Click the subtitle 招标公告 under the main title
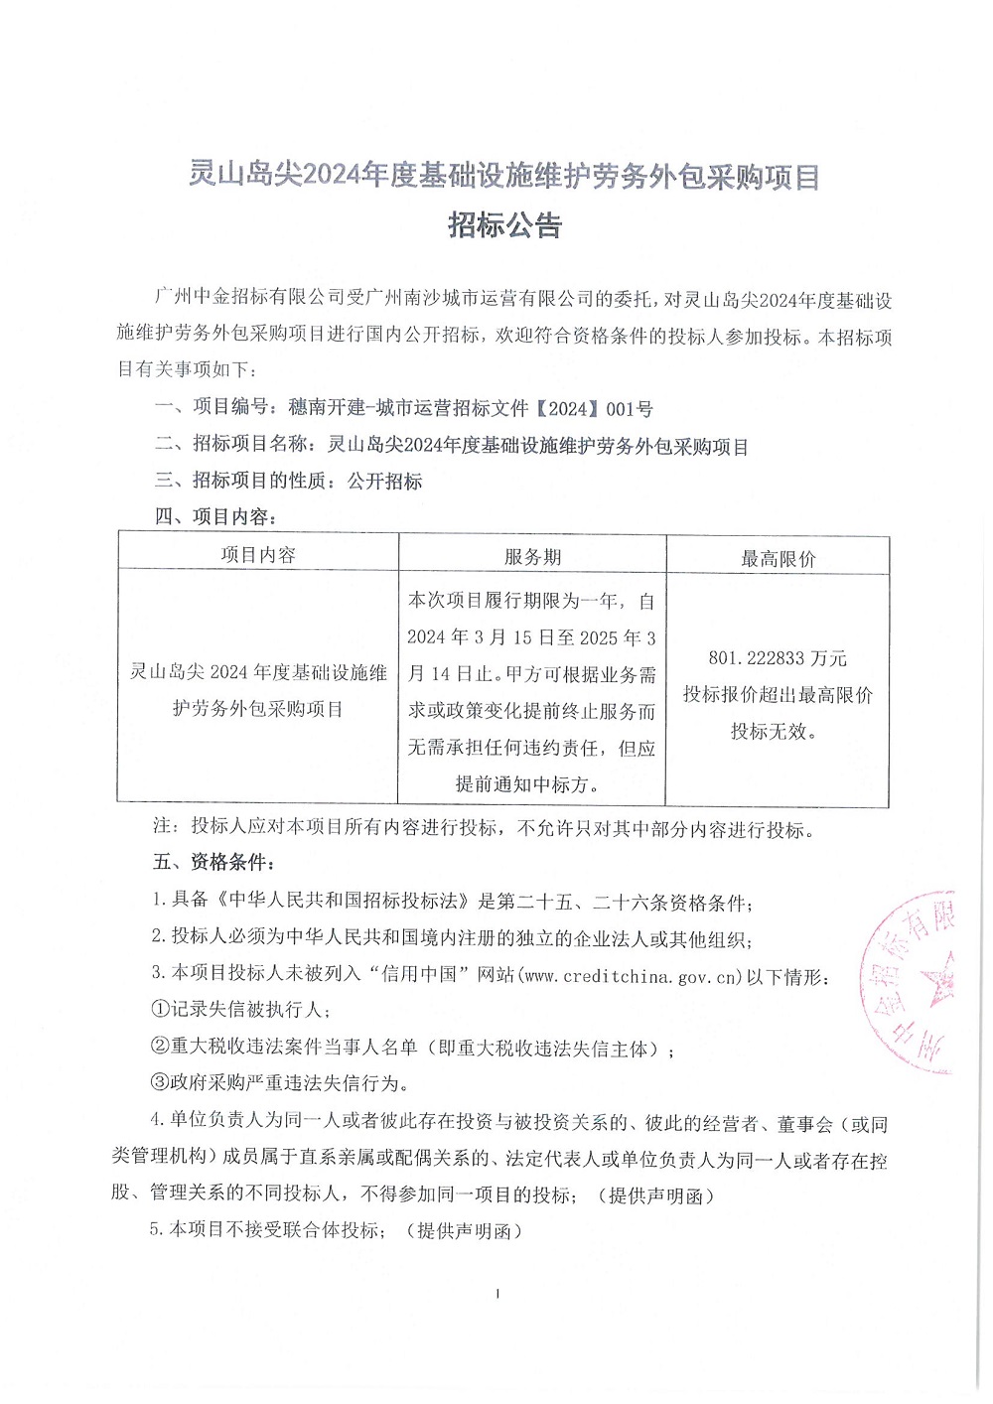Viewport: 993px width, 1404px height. [504, 225]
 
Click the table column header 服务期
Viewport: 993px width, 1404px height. [532, 557]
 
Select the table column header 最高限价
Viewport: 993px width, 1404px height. [778, 559]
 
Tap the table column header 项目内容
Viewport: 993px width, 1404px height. [258, 555]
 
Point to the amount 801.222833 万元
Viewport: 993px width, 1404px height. [778, 658]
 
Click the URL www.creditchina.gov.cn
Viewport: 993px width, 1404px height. [633, 976]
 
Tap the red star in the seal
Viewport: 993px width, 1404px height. [936, 978]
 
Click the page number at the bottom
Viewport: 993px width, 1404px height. [496, 1294]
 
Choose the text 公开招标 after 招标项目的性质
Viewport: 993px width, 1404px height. [385, 482]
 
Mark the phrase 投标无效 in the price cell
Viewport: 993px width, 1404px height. [772, 732]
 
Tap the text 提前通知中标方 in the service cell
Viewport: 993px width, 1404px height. [525, 784]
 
